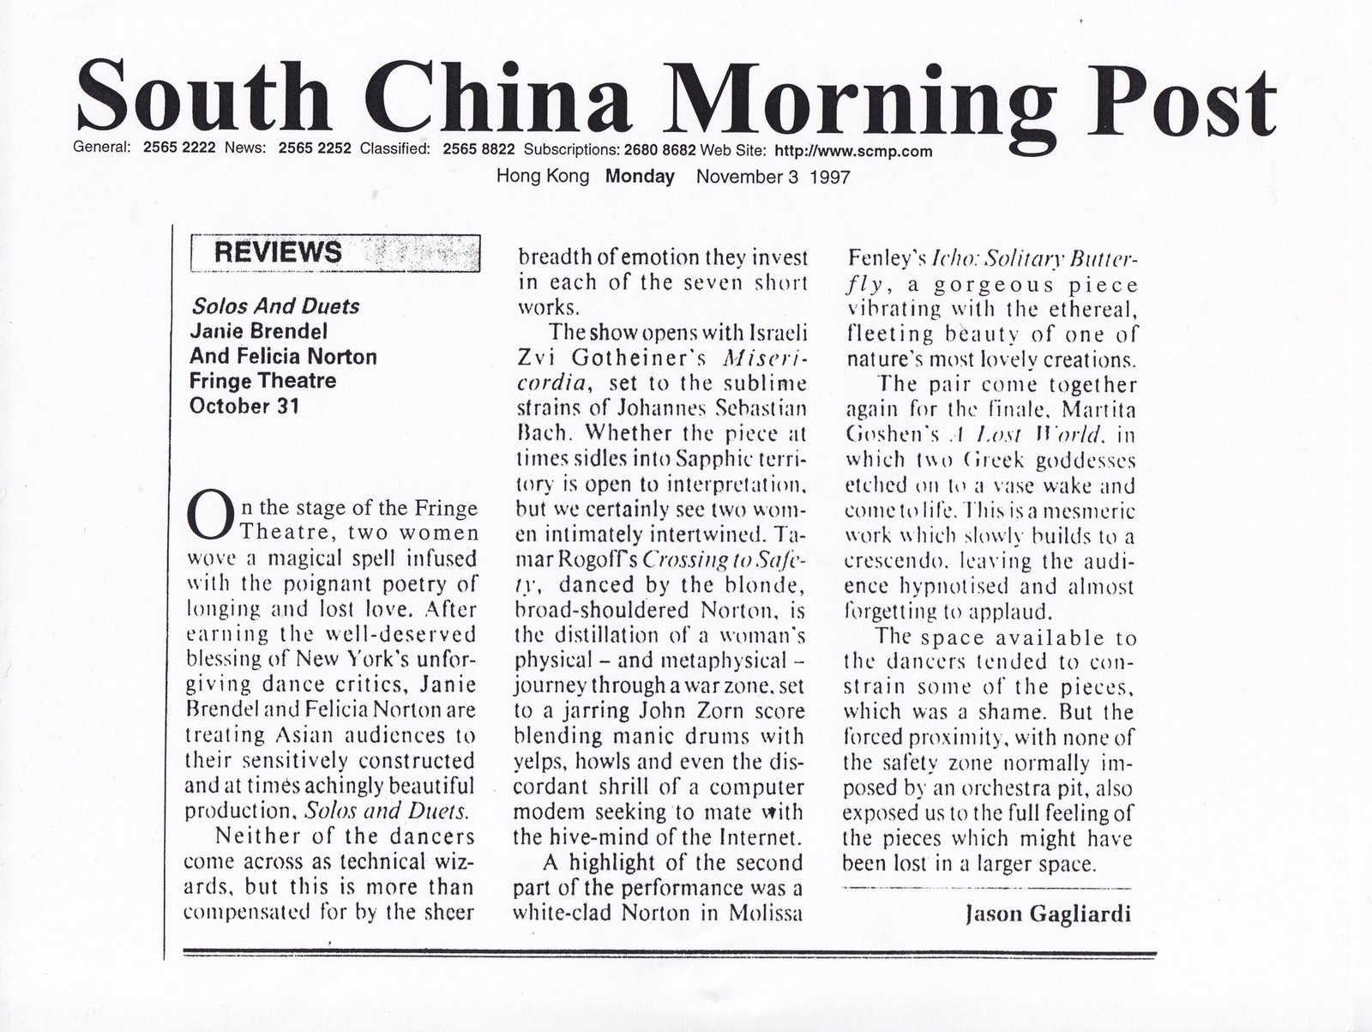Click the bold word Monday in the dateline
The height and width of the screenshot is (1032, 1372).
(x=640, y=178)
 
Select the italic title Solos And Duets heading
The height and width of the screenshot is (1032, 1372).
(x=274, y=306)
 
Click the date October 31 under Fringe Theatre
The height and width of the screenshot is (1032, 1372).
(x=244, y=405)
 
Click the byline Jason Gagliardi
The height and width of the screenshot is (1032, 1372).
(x=1048, y=914)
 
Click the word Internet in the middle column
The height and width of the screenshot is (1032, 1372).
(x=757, y=836)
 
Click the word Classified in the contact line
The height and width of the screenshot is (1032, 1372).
(x=394, y=148)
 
